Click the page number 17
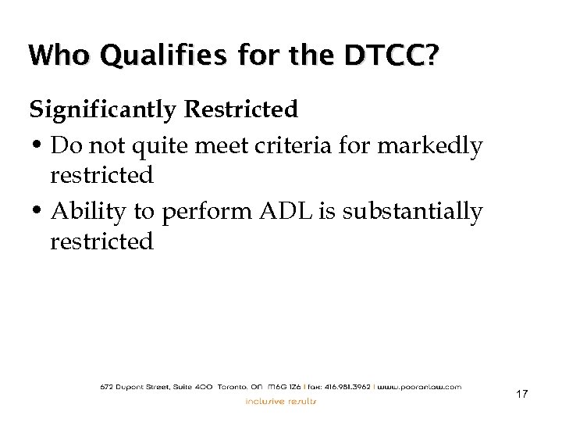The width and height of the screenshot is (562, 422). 521,394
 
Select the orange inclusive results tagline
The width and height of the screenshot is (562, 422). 281,402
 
